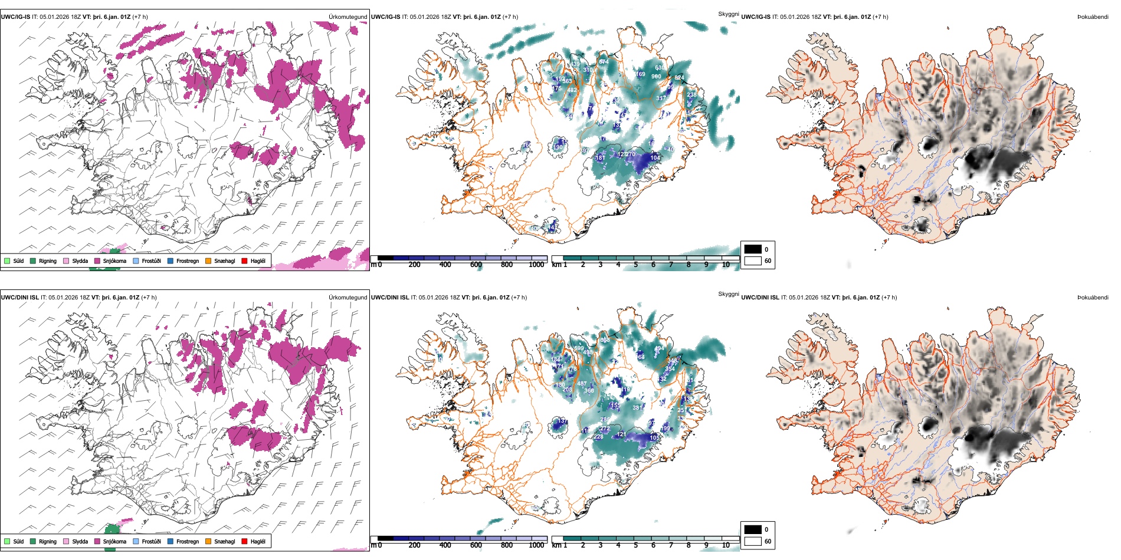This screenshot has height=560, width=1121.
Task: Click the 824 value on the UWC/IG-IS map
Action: (x=679, y=78)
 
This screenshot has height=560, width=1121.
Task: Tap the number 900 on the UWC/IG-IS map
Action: (x=656, y=77)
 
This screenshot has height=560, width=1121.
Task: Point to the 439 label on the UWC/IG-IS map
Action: (x=575, y=64)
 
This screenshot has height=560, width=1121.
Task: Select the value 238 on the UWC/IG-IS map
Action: (x=691, y=94)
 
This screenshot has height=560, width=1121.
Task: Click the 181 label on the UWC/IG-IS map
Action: (x=600, y=158)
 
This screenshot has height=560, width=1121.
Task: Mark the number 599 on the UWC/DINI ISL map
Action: (x=579, y=348)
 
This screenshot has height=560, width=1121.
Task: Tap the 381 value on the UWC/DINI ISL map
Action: (x=637, y=407)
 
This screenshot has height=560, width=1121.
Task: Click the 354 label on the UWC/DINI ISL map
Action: (x=670, y=369)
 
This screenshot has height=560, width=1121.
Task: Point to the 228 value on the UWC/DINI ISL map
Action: (x=598, y=437)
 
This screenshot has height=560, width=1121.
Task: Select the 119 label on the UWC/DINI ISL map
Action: (x=625, y=390)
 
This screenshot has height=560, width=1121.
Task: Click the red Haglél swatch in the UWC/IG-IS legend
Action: (x=245, y=261)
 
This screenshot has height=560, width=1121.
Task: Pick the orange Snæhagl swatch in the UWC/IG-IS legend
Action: (x=208, y=261)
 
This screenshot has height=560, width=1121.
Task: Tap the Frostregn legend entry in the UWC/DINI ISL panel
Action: (x=183, y=541)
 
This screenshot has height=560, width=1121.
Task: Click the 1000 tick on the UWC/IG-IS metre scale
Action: (x=536, y=265)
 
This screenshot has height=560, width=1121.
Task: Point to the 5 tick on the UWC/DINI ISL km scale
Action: (x=635, y=545)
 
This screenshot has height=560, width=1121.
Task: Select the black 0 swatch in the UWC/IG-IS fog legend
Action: (x=753, y=249)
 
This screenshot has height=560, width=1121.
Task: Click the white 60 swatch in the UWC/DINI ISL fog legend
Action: (x=753, y=541)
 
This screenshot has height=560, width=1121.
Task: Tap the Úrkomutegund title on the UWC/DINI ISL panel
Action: (x=348, y=297)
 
